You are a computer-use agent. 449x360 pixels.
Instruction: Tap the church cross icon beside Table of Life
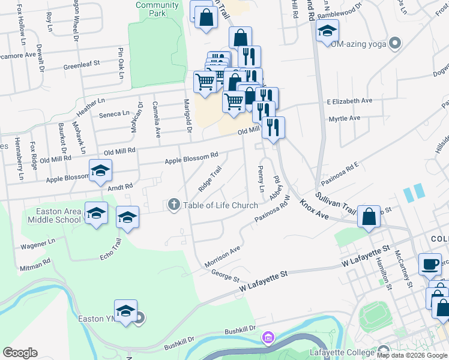coord(174,205)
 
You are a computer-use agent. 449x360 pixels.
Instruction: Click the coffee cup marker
coord(430,264)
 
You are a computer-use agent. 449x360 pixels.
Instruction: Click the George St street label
coord(225,276)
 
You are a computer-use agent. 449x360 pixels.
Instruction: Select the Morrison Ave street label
coord(222,256)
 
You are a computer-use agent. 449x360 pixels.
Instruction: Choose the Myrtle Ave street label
coord(345,118)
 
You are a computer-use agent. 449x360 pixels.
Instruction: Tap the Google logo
coord(20,353)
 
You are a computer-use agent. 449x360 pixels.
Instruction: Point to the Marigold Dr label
coord(187,116)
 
